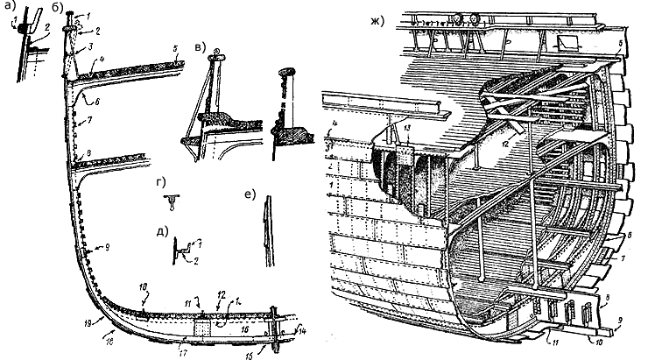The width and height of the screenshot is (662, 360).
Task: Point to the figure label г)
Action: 157,182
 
